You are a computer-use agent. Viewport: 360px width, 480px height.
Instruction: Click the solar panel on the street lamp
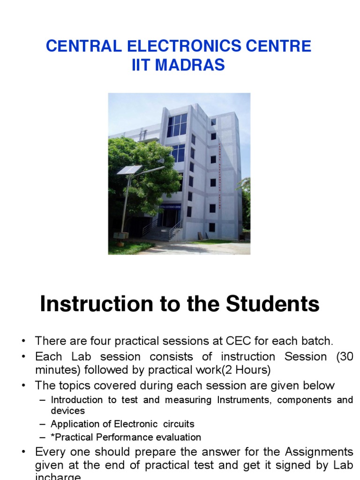[129, 170]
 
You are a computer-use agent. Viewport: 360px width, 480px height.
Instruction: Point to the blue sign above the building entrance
[170, 206]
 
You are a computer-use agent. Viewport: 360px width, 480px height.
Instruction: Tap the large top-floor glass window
[177, 125]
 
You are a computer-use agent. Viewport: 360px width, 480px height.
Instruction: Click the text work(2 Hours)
[235, 370]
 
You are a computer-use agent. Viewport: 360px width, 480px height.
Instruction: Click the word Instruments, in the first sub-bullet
[244, 400]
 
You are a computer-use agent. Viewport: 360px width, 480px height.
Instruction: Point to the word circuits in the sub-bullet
[179, 424]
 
